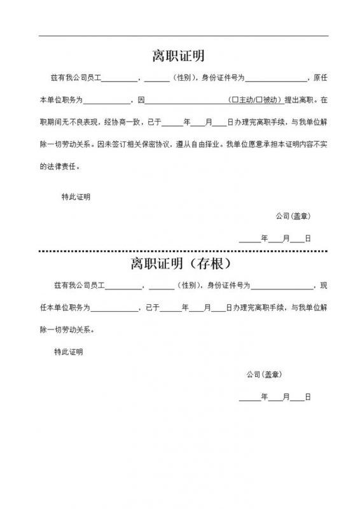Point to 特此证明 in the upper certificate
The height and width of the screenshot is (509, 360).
pyautogui.click(x=76, y=197)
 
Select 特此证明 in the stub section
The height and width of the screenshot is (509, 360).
pyautogui.click(x=69, y=352)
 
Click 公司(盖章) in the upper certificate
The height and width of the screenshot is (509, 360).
pyautogui.click(x=293, y=216)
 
